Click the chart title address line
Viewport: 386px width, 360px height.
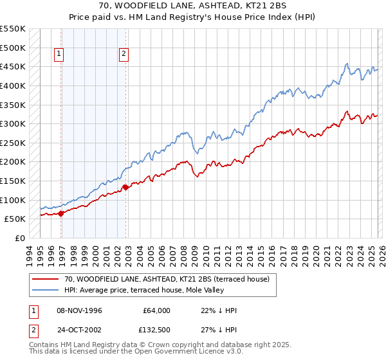[193, 6]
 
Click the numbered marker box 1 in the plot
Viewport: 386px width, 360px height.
[59, 55]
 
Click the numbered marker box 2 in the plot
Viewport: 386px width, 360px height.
[123, 55]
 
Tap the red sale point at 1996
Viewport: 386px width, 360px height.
[61, 213]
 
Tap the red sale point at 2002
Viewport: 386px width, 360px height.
[125, 187]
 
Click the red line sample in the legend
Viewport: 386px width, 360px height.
[46, 279]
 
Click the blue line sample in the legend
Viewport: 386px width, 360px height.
[46, 290]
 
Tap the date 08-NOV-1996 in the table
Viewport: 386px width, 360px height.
[78, 310]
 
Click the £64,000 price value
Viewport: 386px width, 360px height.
[157, 310]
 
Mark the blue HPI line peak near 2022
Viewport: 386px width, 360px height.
[347, 63]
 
